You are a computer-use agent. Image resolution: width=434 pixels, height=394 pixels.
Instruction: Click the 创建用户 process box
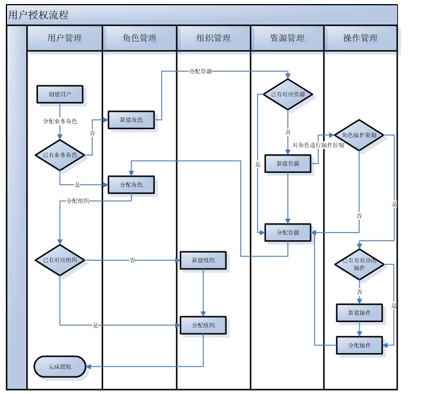click(x=60, y=94)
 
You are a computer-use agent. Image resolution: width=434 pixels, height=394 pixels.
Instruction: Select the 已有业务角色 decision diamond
click(x=60, y=155)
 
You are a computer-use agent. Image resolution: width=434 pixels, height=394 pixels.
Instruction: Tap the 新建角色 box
click(x=131, y=119)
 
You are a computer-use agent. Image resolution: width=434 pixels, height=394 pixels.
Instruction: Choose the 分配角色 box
click(x=131, y=185)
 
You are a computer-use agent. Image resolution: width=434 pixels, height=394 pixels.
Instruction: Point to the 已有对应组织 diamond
click(x=60, y=260)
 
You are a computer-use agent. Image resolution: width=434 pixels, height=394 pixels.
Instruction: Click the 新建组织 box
click(x=203, y=260)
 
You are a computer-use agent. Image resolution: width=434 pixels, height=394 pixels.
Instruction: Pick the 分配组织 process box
click(x=203, y=326)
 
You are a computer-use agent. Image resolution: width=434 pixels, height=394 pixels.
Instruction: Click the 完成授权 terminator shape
click(x=60, y=367)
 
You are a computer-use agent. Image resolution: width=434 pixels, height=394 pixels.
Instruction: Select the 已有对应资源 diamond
click(x=287, y=94)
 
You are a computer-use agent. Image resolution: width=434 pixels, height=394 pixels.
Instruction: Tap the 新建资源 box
click(x=287, y=164)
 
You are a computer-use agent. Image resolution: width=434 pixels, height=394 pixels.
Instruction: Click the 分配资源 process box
click(x=287, y=232)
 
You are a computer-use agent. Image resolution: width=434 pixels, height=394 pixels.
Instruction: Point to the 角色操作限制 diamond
click(x=359, y=135)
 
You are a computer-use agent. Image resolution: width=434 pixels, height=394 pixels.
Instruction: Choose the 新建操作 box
click(x=359, y=313)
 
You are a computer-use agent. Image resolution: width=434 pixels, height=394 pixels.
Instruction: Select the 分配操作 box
click(x=359, y=345)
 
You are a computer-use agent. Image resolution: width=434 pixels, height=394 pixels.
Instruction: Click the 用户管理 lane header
click(x=65, y=39)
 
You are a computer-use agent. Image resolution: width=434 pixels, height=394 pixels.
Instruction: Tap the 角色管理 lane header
click(x=140, y=39)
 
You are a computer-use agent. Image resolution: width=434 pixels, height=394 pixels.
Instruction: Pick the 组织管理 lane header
click(x=214, y=39)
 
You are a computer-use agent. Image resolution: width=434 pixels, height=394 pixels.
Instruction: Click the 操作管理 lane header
click(x=360, y=39)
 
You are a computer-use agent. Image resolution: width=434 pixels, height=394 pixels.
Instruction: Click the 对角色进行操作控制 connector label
click(x=318, y=145)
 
